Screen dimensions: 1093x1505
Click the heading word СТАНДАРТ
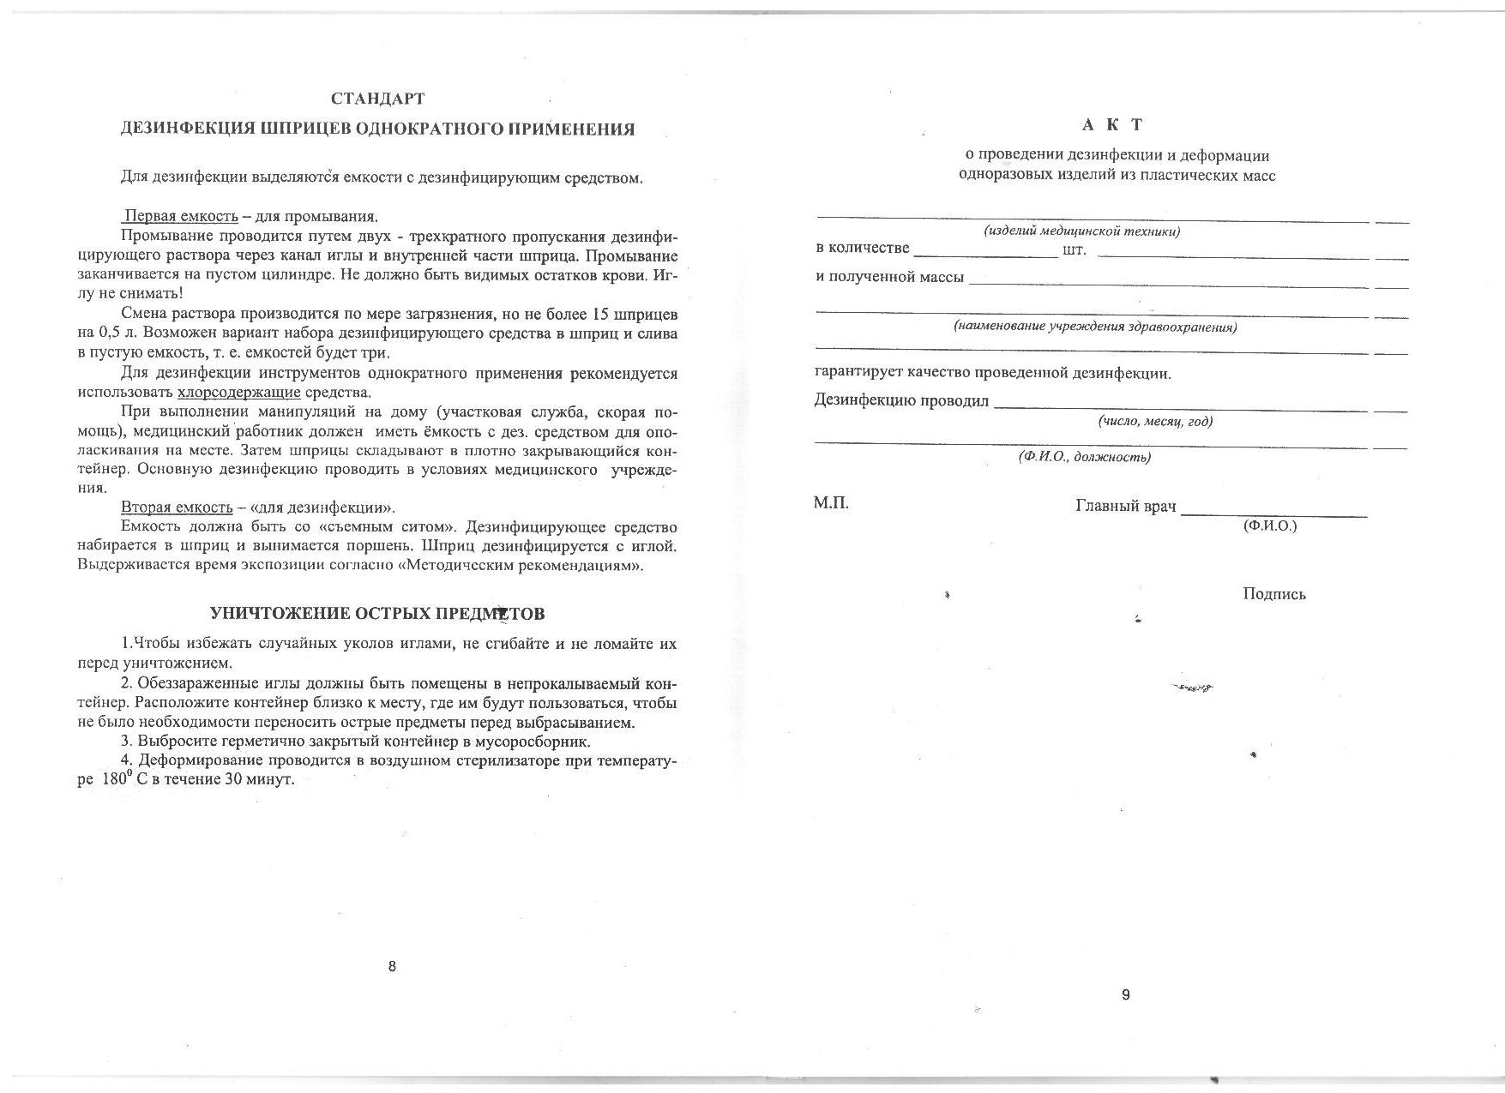click(x=377, y=99)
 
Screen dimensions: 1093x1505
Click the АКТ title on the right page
click(x=1112, y=125)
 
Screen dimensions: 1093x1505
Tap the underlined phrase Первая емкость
click(x=181, y=216)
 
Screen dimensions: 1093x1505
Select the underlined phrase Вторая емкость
click(x=177, y=507)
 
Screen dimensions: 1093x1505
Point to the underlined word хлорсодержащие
click(x=238, y=393)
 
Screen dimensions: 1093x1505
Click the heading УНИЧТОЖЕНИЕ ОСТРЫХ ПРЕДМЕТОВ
click(x=377, y=614)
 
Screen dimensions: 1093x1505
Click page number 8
click(x=392, y=967)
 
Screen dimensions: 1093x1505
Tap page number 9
click(x=1126, y=995)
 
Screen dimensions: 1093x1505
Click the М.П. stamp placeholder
click(x=831, y=503)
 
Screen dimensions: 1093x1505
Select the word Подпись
click(x=1274, y=594)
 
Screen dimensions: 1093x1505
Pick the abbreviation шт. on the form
click(x=1074, y=250)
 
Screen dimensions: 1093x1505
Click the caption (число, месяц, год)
click(x=1155, y=422)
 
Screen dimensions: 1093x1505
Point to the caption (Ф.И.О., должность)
click(x=1084, y=458)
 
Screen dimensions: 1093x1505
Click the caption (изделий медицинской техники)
click(x=1081, y=231)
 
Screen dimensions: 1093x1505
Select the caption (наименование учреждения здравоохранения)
click(x=1095, y=327)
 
